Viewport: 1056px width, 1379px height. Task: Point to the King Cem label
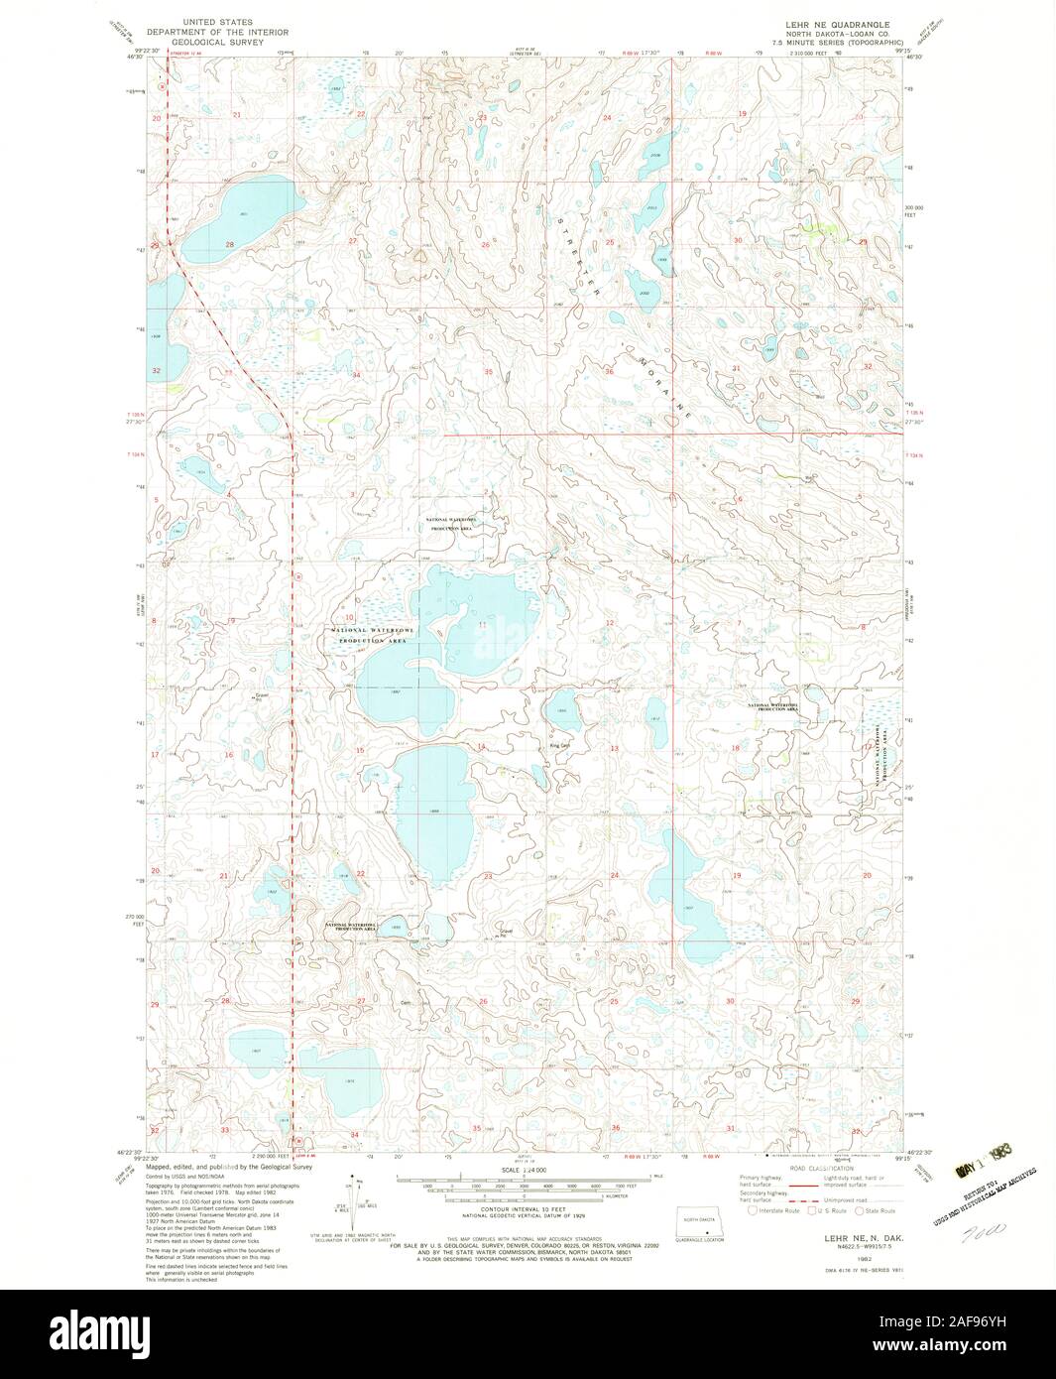(560, 746)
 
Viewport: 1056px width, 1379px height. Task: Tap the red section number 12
(609, 623)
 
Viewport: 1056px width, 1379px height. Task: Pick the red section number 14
(481, 746)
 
